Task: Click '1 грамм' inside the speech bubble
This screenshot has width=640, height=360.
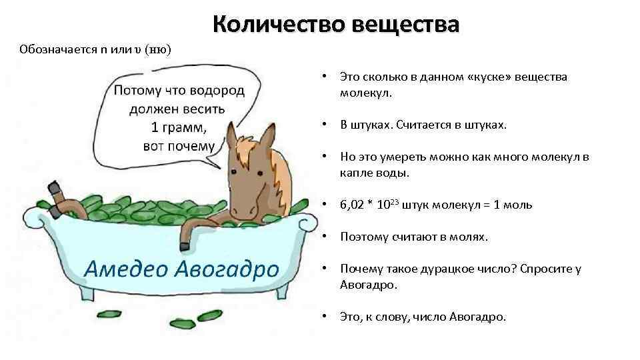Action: pyautogui.click(x=178, y=127)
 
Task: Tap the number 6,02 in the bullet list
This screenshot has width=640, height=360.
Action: pyautogui.click(x=351, y=205)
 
